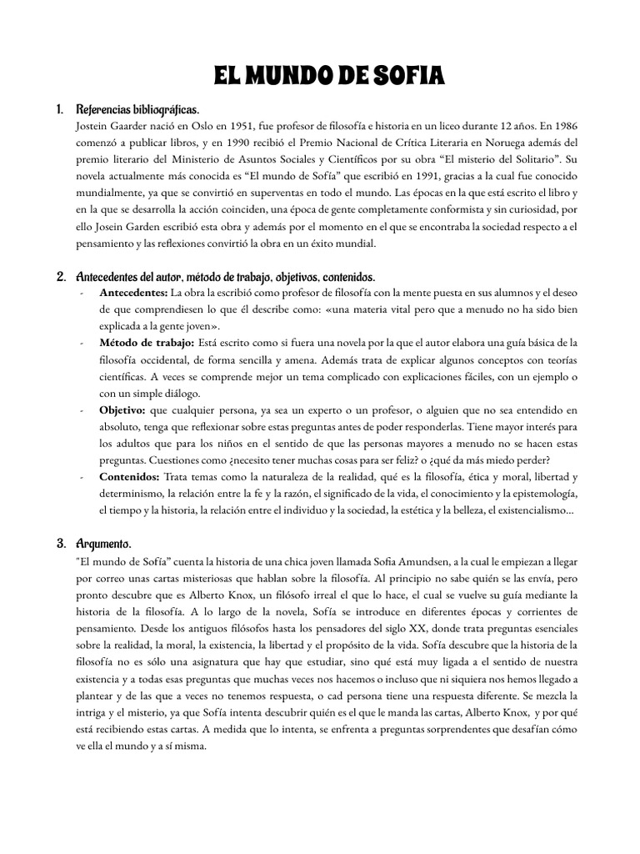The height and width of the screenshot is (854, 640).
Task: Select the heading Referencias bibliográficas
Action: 137,110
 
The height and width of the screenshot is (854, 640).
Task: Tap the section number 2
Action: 61,276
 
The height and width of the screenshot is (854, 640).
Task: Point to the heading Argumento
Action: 103,543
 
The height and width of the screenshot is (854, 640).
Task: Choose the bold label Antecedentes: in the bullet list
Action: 132,293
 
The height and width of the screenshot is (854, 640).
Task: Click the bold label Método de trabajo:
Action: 147,343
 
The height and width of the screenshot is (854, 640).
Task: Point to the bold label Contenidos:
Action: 130,476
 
